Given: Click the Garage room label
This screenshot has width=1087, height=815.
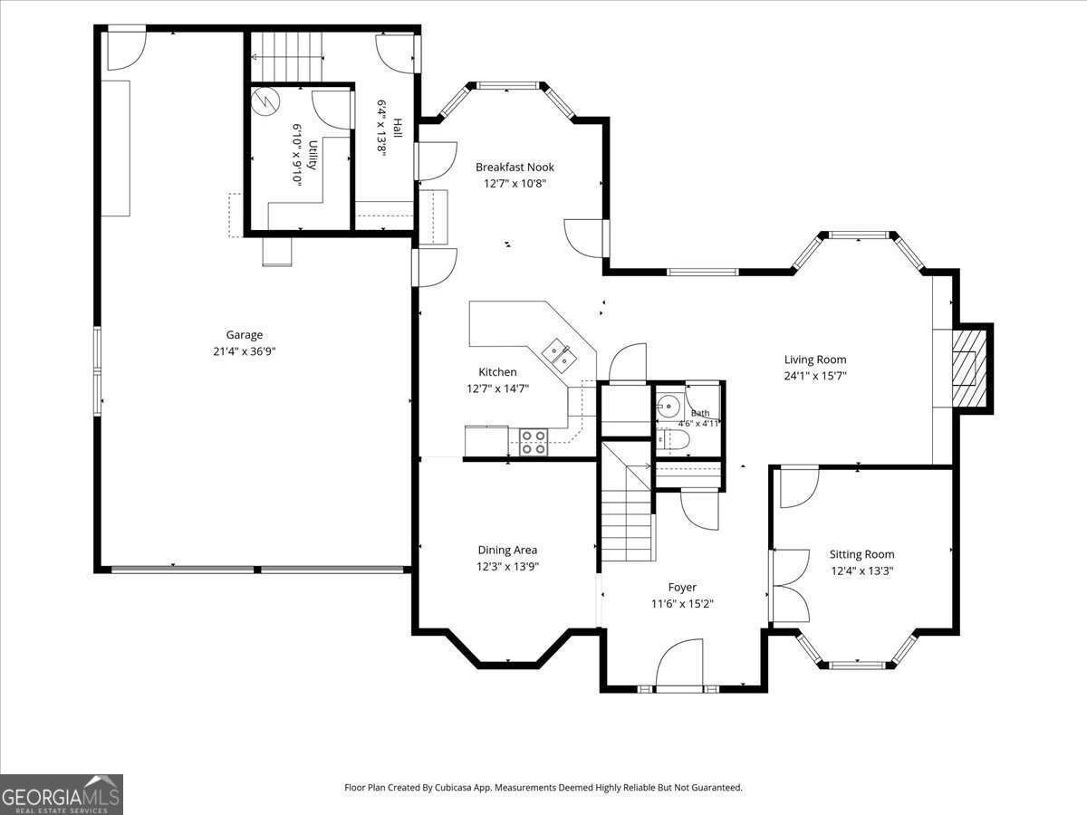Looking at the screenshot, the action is (245, 335).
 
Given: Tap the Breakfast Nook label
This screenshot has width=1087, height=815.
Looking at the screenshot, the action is (515, 168).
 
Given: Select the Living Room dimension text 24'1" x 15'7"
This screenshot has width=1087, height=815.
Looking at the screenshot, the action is (815, 376).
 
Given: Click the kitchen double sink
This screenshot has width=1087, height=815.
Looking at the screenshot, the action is (559, 356).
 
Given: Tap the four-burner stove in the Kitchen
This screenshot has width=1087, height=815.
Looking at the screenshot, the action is (534, 442).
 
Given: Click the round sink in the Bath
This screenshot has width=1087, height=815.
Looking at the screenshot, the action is (669, 407).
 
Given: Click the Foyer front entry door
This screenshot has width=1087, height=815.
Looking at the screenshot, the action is (679, 664).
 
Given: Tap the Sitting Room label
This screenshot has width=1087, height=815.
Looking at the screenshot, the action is (861, 554).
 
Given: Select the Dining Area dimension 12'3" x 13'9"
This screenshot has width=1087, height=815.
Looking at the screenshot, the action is (507, 566).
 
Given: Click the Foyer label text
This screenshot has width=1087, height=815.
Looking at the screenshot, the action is (682, 588).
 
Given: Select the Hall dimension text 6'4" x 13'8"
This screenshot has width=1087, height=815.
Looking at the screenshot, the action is (382, 129).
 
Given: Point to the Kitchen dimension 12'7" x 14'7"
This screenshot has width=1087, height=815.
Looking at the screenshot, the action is (497, 388).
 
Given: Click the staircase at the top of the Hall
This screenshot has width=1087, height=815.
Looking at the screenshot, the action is (287, 57).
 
